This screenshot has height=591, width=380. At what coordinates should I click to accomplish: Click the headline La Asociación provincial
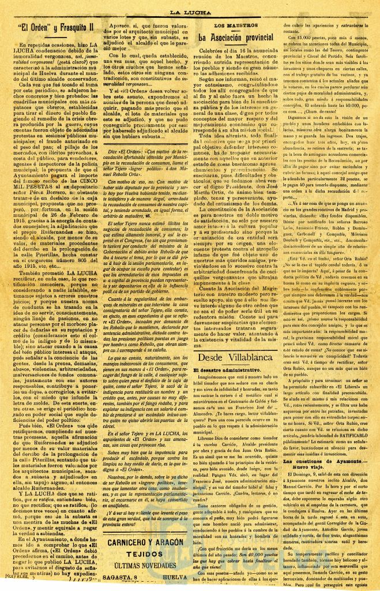[x=235, y=37]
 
